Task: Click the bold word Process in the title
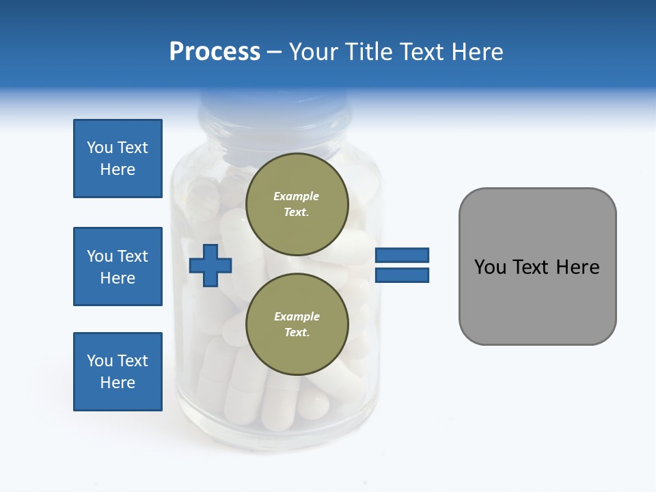pyautogui.click(x=215, y=51)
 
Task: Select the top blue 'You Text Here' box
pyautogui.click(x=118, y=159)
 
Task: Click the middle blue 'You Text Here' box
pyautogui.click(x=118, y=266)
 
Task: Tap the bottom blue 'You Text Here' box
pyautogui.click(x=118, y=372)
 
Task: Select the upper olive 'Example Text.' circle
pyautogui.click(x=297, y=204)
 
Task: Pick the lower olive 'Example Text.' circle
pyautogui.click(x=297, y=324)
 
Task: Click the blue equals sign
pyautogui.click(x=402, y=265)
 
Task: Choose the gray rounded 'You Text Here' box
pyautogui.click(x=537, y=266)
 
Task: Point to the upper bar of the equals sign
pyautogui.click(x=402, y=256)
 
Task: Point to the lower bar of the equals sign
pyautogui.click(x=402, y=275)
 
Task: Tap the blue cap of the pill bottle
pyautogui.click(x=273, y=109)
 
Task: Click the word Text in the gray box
pyautogui.click(x=536, y=266)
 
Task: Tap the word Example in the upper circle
pyautogui.click(x=297, y=196)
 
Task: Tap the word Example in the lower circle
pyautogui.click(x=297, y=316)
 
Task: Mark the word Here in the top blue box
pyautogui.click(x=118, y=169)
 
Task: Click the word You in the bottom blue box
pyautogui.click(x=99, y=361)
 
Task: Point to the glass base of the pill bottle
pyautogui.click(x=273, y=437)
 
